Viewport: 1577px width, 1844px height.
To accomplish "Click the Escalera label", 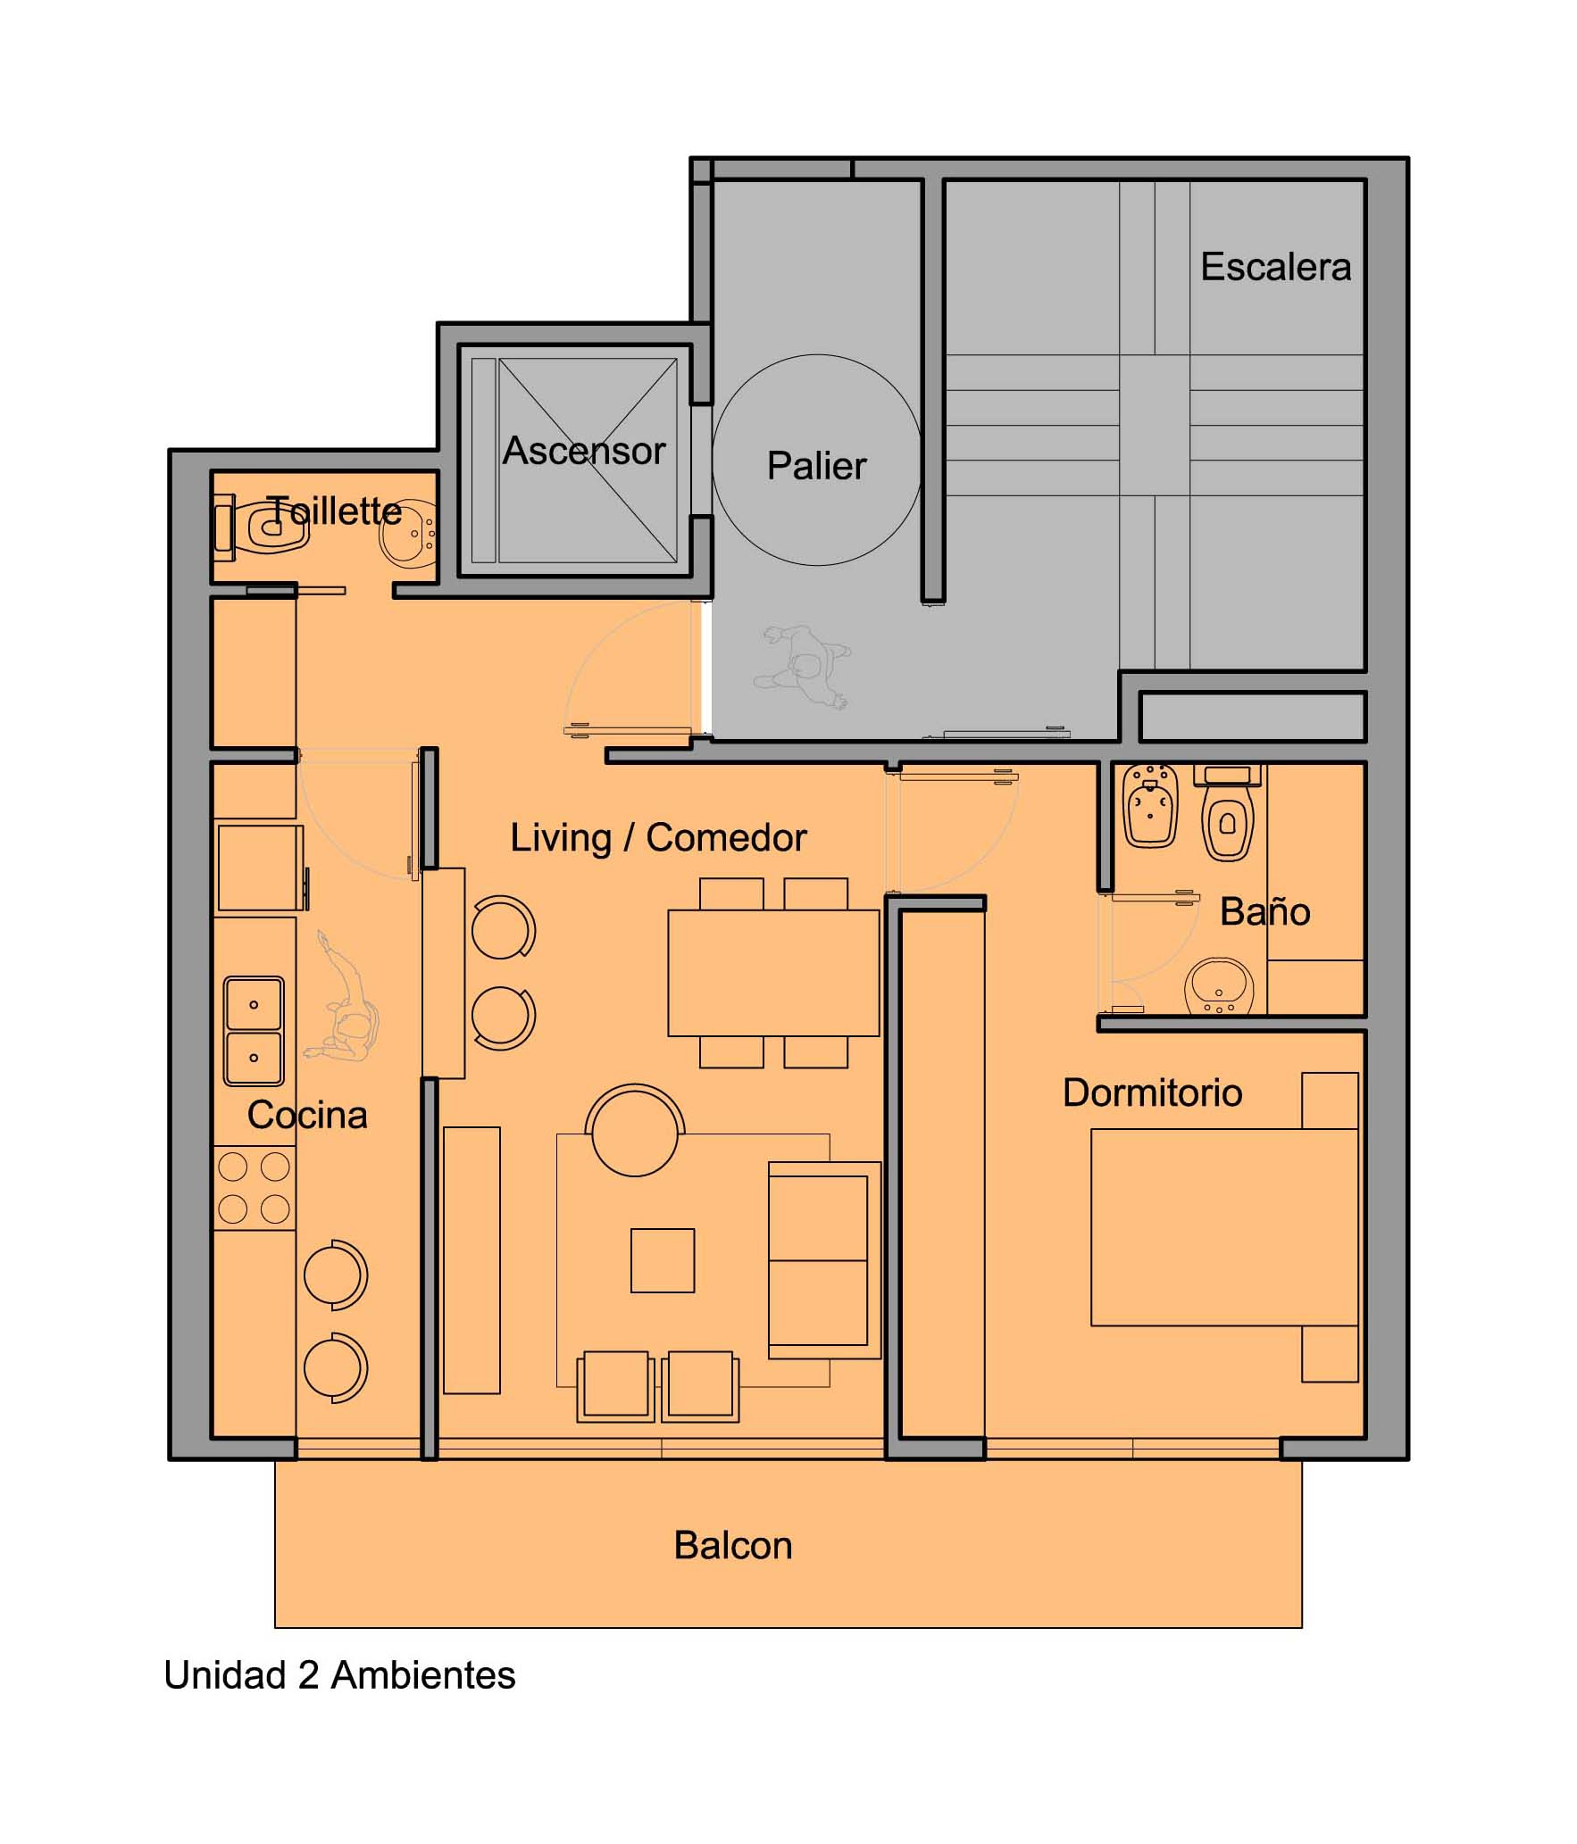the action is [x=1275, y=267].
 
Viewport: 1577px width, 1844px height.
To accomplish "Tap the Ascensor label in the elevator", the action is [x=584, y=451].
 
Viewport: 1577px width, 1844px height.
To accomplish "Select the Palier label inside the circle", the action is [x=816, y=466].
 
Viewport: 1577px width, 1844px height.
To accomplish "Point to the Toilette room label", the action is [x=335, y=511].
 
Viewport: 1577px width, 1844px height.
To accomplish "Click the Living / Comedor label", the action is [x=658, y=838].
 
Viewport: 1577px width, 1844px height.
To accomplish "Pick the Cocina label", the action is [x=307, y=1115].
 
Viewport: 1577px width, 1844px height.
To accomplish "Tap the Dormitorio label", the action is [x=1152, y=1092].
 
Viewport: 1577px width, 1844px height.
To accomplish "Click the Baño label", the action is [x=1264, y=911].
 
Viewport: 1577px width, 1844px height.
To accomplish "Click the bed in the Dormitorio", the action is [x=1224, y=1227].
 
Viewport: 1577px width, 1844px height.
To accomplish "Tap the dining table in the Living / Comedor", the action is [x=773, y=973].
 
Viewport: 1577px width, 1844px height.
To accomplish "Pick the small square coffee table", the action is [x=663, y=1260].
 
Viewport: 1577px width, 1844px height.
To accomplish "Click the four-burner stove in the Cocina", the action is [x=254, y=1188].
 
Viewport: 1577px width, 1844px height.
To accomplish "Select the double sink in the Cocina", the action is [x=254, y=1031].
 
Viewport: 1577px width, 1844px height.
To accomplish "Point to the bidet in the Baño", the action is [x=1151, y=804].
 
